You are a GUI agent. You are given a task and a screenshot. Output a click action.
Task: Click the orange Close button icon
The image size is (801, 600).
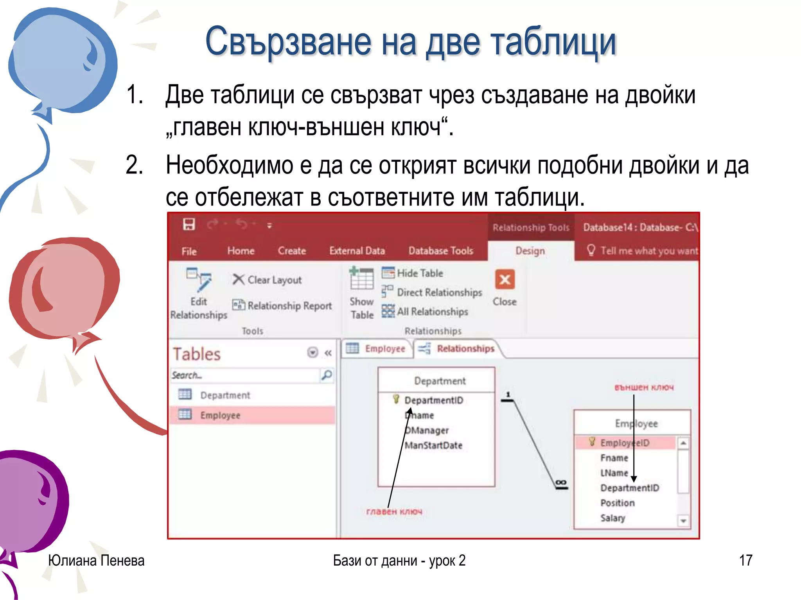[x=505, y=279]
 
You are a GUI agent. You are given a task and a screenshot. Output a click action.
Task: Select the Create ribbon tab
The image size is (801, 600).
[x=292, y=251]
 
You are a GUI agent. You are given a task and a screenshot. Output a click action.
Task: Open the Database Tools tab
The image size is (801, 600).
[x=441, y=251]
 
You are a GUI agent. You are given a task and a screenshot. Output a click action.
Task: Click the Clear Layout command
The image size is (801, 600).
[x=267, y=280]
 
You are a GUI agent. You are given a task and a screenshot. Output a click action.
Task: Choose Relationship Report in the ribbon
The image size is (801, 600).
[x=282, y=305]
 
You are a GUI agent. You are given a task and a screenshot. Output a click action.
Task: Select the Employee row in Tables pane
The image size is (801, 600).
[x=220, y=415]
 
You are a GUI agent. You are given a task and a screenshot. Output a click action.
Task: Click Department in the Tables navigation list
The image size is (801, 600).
[x=225, y=395]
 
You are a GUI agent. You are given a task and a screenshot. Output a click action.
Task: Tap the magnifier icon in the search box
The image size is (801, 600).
[x=327, y=375]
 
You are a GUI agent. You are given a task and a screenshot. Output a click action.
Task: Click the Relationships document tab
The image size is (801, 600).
[x=465, y=348]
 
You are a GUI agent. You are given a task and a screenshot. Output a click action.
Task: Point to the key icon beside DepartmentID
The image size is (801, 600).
[x=396, y=399]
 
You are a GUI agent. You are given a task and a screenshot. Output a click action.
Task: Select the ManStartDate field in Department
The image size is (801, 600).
[x=433, y=445]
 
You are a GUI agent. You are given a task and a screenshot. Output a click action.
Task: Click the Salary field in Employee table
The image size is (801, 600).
[x=613, y=518]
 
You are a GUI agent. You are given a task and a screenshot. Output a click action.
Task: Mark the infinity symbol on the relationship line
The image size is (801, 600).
[x=561, y=483]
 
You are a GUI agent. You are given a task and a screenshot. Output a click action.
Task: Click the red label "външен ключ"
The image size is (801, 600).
[x=644, y=387]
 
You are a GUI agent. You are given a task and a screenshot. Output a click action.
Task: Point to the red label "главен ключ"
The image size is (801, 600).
[x=394, y=511]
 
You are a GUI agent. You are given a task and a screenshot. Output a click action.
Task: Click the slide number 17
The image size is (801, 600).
[x=745, y=560]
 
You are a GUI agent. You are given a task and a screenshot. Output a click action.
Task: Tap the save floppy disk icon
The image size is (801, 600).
[x=189, y=225]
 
